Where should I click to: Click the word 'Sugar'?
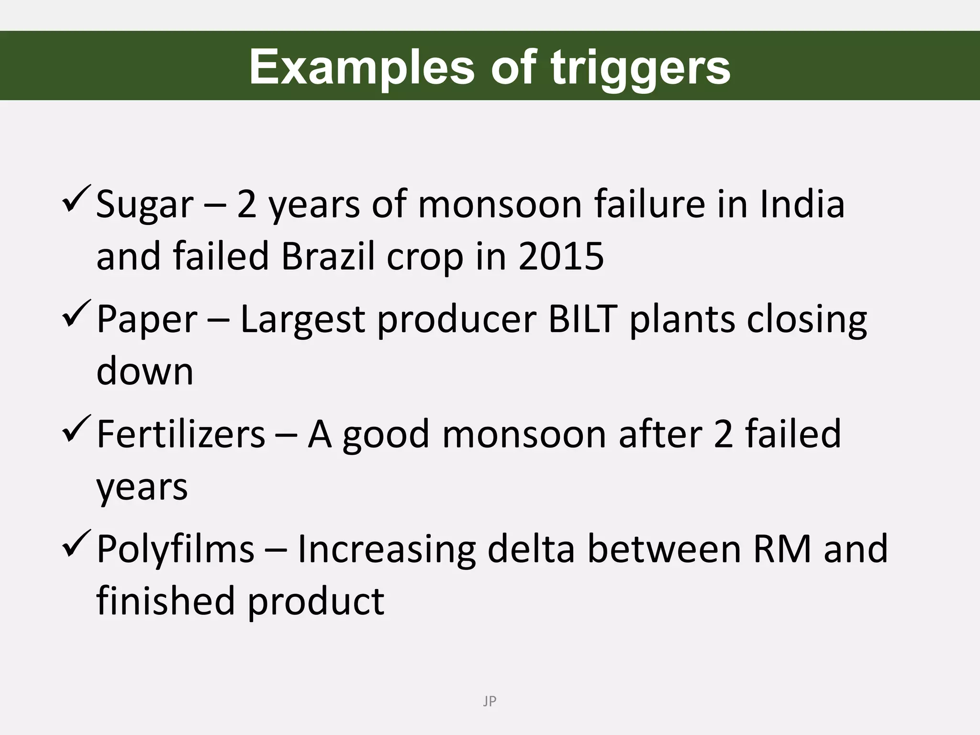tap(145, 205)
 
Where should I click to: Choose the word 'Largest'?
tap(302, 320)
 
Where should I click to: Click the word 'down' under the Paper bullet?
tap(145, 371)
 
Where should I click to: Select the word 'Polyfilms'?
tap(176, 549)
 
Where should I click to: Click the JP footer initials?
tap(490, 702)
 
